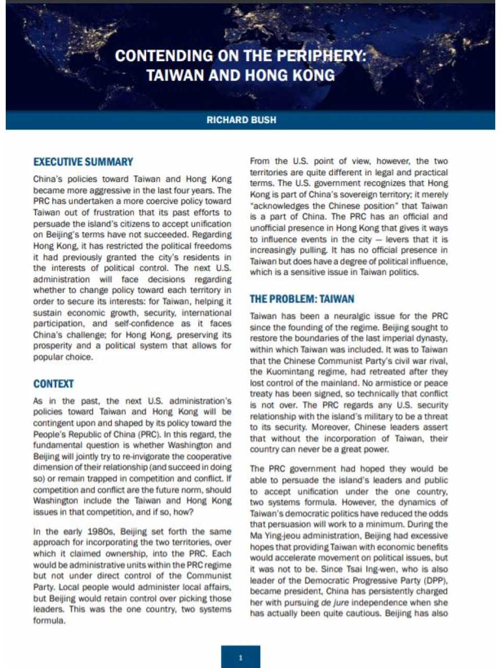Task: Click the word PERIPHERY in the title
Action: point(320,56)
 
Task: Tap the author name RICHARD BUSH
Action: point(241,120)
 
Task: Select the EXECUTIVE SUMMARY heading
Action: point(83,162)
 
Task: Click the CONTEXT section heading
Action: point(53,384)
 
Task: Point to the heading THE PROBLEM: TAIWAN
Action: point(302,299)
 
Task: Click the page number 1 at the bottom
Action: point(241,658)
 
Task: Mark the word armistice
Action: point(398,383)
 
